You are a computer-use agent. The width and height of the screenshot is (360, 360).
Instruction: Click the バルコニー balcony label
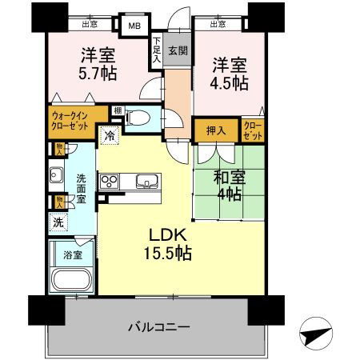158,327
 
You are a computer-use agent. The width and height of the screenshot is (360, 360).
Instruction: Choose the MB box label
134,25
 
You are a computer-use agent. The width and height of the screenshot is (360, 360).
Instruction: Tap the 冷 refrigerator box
108,135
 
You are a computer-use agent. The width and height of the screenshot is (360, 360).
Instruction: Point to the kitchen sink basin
147,180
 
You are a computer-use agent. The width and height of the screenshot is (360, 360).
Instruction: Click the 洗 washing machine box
58,222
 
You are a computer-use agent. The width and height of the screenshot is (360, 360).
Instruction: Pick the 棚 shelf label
117,110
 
